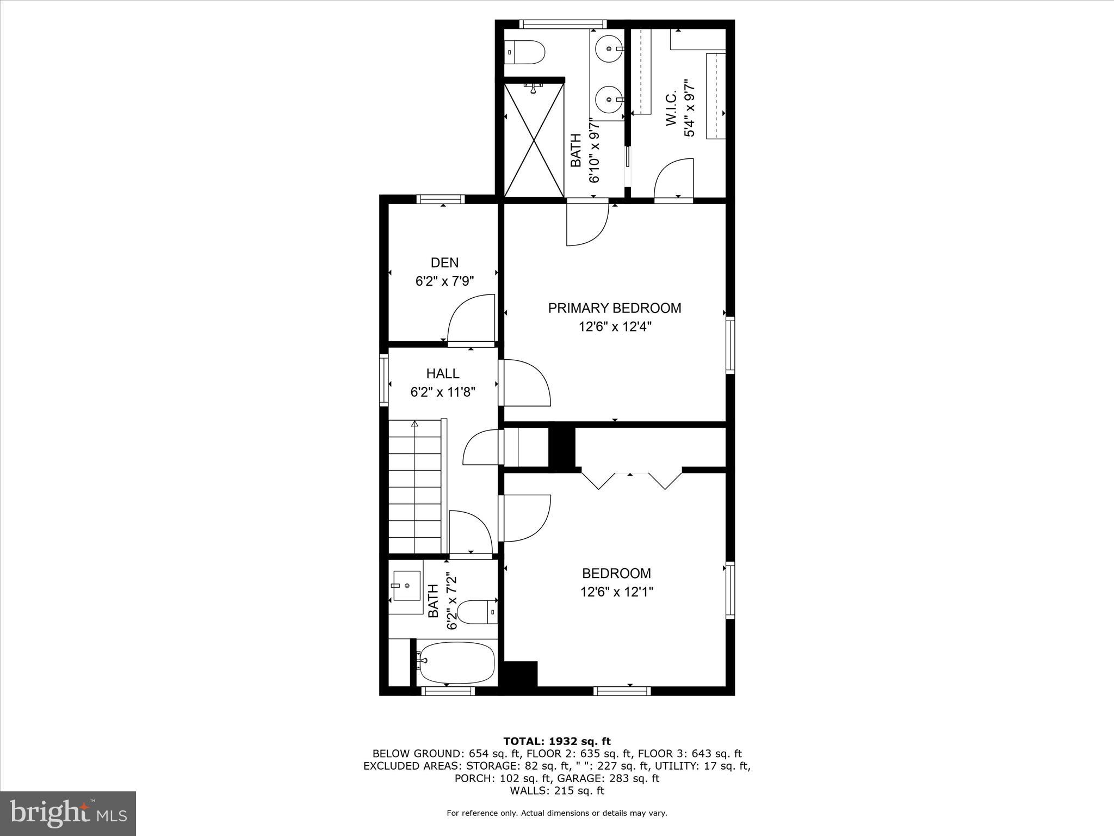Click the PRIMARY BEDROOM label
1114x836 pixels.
point(614,308)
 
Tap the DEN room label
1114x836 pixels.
point(444,263)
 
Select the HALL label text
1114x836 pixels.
point(442,373)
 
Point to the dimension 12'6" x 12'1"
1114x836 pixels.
point(616,592)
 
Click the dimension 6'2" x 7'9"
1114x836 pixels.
point(444,281)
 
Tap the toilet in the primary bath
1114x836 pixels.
point(525,52)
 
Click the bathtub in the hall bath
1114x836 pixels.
point(457,663)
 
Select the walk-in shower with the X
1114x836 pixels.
point(534,139)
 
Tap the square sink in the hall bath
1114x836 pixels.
point(406,586)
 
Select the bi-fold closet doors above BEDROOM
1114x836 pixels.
point(631,478)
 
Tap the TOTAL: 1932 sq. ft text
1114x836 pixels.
point(556,741)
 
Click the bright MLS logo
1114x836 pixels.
point(68,814)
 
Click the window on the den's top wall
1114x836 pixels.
point(441,199)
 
